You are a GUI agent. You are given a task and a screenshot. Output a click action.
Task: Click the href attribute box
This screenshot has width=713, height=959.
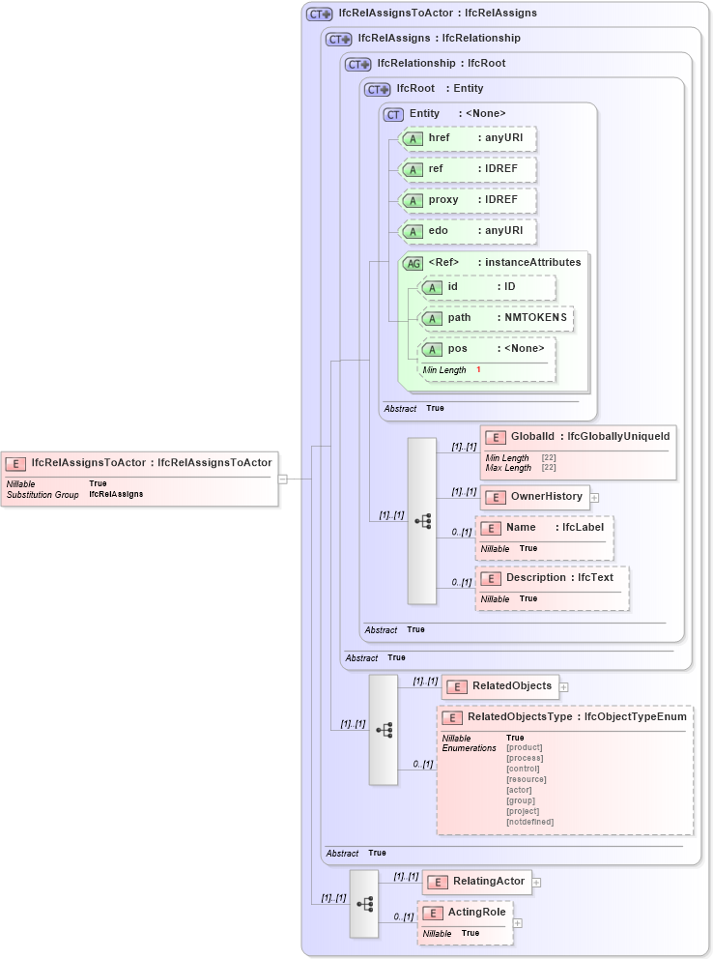point(468,138)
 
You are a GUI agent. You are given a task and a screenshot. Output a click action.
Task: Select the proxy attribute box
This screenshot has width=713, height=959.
point(468,200)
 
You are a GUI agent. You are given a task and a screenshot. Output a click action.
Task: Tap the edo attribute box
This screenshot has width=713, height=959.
point(468,231)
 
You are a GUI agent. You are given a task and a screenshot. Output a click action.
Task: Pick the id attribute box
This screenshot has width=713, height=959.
point(487,287)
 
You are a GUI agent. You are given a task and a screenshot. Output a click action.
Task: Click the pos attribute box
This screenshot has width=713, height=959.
point(487,349)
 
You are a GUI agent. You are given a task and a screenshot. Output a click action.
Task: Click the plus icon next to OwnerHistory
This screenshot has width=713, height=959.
point(595,498)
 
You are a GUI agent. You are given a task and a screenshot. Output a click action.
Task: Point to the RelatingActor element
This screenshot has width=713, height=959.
point(476,882)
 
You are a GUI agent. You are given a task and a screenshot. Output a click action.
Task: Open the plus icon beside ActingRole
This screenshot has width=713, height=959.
point(518,923)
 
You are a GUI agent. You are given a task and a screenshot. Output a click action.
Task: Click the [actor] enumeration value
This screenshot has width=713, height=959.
point(519,790)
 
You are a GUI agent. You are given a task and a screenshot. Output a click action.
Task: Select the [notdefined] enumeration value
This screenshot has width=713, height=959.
point(529,822)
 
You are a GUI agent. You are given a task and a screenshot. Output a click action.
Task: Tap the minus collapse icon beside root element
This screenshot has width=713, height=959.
point(282,478)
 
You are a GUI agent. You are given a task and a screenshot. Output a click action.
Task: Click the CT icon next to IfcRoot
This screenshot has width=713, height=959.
point(378,89)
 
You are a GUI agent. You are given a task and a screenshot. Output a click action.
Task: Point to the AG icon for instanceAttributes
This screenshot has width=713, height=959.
point(413,263)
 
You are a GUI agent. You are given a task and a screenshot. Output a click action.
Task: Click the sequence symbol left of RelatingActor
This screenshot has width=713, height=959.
point(364,904)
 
